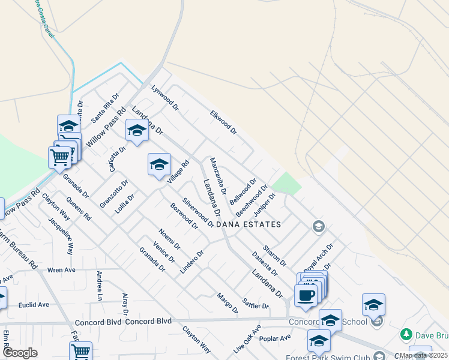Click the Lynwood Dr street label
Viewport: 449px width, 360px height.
165,98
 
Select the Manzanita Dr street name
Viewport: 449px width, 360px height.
217,175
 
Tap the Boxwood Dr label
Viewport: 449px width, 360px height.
184,215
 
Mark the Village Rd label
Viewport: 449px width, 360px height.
178,172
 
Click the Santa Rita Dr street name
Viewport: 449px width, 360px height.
106,108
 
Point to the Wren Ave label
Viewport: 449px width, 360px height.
61,269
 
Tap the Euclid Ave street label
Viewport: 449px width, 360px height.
34,305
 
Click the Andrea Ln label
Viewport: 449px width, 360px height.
100,286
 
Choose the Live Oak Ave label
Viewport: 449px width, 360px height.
248,338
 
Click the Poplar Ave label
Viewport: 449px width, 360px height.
277,338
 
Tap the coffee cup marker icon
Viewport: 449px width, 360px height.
306,295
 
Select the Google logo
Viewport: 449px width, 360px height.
20,352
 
